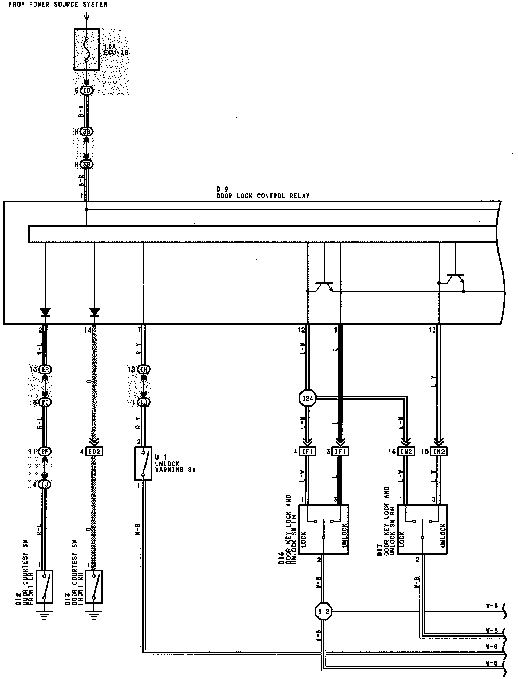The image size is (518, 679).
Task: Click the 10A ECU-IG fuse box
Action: click(x=87, y=49)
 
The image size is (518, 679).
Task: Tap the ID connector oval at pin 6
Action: click(x=87, y=91)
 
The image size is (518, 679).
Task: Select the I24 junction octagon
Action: click(x=308, y=398)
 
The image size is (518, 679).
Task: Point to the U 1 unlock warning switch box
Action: click(x=143, y=463)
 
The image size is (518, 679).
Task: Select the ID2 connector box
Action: click(x=94, y=452)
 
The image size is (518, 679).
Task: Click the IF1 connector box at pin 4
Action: click(x=307, y=452)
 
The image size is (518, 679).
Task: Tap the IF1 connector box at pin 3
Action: click(x=340, y=452)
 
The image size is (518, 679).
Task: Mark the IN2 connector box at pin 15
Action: click(x=439, y=452)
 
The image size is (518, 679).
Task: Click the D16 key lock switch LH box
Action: click(x=324, y=529)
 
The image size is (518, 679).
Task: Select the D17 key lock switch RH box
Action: click(x=422, y=529)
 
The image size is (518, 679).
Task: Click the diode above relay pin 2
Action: click(x=45, y=312)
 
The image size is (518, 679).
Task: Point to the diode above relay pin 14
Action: click(x=94, y=312)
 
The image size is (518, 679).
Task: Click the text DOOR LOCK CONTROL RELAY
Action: click(x=263, y=196)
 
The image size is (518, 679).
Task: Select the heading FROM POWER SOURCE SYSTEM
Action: click(x=58, y=5)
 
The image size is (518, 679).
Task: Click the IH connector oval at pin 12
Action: click(x=143, y=369)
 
